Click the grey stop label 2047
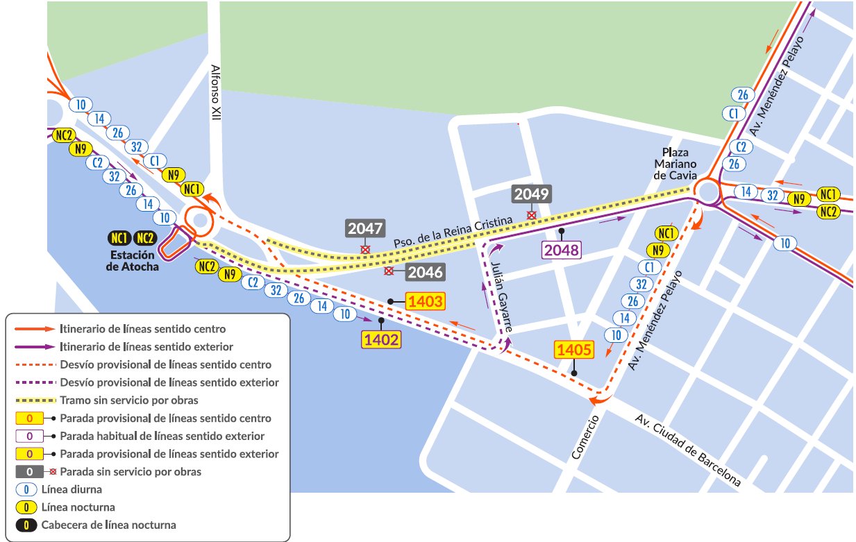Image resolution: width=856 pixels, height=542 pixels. tap(365, 228)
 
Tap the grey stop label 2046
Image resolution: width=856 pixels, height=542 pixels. tap(425, 272)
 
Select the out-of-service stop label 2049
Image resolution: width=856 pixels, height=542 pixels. tap(531, 194)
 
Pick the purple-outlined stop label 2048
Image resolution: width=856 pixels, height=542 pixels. tap(562, 250)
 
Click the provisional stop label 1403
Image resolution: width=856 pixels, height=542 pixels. tap(425, 301)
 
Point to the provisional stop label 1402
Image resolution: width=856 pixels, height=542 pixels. tap(380, 339)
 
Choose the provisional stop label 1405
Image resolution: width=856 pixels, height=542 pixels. tap(573, 350)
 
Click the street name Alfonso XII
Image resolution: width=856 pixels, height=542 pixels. tap(216, 94)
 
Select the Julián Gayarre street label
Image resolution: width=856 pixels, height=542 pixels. tap(501, 292)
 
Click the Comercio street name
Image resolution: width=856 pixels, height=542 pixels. tap(585, 437)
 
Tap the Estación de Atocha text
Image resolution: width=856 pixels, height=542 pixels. tap(132, 261)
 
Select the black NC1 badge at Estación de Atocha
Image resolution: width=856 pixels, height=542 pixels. tap(119, 239)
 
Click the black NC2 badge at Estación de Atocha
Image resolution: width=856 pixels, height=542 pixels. tap(144, 239)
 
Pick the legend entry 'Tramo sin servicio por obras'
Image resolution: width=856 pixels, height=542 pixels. tap(129, 400)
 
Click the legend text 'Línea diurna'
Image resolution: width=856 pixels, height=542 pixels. tap(72, 489)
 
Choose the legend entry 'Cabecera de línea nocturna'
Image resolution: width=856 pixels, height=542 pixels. tap(108, 525)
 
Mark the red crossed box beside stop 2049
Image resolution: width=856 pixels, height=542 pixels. tap(531, 215)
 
